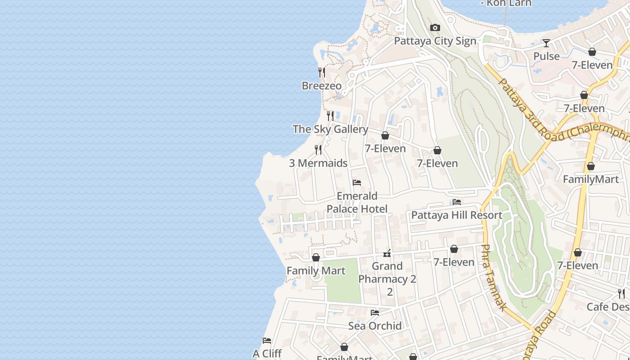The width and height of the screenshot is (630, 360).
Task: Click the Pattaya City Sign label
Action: click(x=435, y=41)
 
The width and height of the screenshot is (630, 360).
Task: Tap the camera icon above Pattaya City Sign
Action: click(x=435, y=28)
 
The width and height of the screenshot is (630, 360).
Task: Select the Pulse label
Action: click(x=546, y=56)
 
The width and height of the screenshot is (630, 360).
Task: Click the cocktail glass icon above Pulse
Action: click(x=546, y=43)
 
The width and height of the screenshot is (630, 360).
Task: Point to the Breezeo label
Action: click(x=321, y=85)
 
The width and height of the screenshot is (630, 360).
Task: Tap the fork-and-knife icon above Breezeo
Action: click(x=321, y=72)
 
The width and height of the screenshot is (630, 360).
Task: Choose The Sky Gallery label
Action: click(x=330, y=129)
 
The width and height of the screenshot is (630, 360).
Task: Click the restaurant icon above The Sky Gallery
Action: click(x=330, y=116)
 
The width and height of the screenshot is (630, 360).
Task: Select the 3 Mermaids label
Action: click(x=318, y=163)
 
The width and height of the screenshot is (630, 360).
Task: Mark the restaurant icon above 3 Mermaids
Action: click(x=318, y=149)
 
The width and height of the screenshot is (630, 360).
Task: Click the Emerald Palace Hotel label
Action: click(x=357, y=202)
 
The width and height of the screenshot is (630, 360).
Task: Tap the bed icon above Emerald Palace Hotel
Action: click(x=357, y=183)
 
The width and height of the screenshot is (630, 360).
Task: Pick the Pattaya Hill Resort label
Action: click(x=457, y=215)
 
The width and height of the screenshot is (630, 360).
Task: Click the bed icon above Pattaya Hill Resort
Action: click(x=457, y=202)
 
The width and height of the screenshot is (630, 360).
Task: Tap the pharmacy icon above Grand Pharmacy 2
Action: click(x=387, y=253)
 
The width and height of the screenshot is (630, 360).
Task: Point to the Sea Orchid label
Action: click(x=375, y=326)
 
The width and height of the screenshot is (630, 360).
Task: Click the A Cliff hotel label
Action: click(x=267, y=354)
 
